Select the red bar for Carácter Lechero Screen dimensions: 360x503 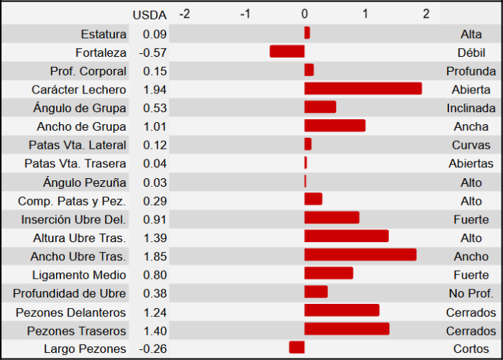point(363,88)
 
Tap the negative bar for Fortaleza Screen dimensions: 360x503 point(287,52)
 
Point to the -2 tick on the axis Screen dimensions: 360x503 point(185,14)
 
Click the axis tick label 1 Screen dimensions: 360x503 point(365,14)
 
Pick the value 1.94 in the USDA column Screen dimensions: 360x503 point(154,89)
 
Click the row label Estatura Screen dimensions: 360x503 point(103,34)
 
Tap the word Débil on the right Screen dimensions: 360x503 point(471,52)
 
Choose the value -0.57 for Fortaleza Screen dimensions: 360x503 point(152,52)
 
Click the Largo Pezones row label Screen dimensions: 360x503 point(86,349)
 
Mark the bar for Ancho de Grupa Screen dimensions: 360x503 point(335,126)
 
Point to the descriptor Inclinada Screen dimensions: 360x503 point(471,108)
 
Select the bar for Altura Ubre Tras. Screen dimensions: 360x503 point(346,236)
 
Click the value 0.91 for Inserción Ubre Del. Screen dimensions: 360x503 point(154,218)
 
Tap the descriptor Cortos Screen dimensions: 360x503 point(471,349)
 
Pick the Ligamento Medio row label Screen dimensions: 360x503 point(79,274)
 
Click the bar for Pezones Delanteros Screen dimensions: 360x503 point(342,310)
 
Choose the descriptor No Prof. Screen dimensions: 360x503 point(471,293)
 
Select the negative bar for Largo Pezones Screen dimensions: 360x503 point(297,348)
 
